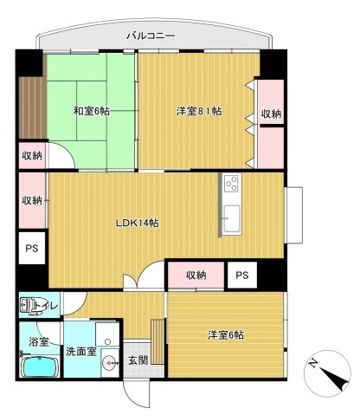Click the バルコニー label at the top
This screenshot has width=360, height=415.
tap(151, 36)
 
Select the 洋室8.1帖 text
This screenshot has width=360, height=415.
tap(200, 111)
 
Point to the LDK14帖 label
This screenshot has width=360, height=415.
tap(137, 223)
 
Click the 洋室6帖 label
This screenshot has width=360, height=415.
tap(224, 334)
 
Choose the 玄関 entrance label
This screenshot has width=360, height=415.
tap(138, 359)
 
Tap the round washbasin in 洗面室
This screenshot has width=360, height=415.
tap(108, 365)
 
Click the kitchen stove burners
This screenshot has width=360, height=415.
tap(231, 183)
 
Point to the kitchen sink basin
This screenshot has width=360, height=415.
tap(231, 214)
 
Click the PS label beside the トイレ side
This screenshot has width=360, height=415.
tap(32, 250)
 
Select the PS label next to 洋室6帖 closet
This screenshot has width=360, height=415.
tap(242, 275)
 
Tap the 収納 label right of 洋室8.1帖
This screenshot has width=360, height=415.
tap(270, 113)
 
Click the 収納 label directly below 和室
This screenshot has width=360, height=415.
tap(32, 156)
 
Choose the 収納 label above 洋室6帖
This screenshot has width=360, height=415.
tap(196, 275)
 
